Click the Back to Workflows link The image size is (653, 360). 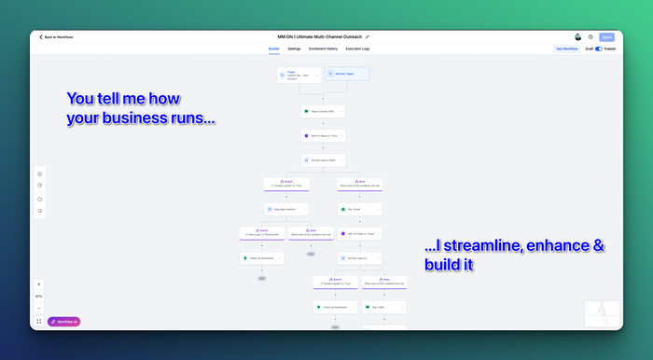click(58, 37)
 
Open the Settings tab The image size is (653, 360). click(294, 48)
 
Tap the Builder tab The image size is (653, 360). click(274, 48)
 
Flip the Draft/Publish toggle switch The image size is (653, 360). click(598, 48)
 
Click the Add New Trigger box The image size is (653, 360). click(346, 74)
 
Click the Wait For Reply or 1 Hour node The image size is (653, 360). click(324, 135)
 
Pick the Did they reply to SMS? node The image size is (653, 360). click(324, 159)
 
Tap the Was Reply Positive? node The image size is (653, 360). click(286, 209)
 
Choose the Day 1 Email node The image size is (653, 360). click(360, 209)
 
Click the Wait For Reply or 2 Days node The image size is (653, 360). click(360, 233)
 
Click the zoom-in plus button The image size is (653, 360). click(39, 284)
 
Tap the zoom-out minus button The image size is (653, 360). click(39, 308)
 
